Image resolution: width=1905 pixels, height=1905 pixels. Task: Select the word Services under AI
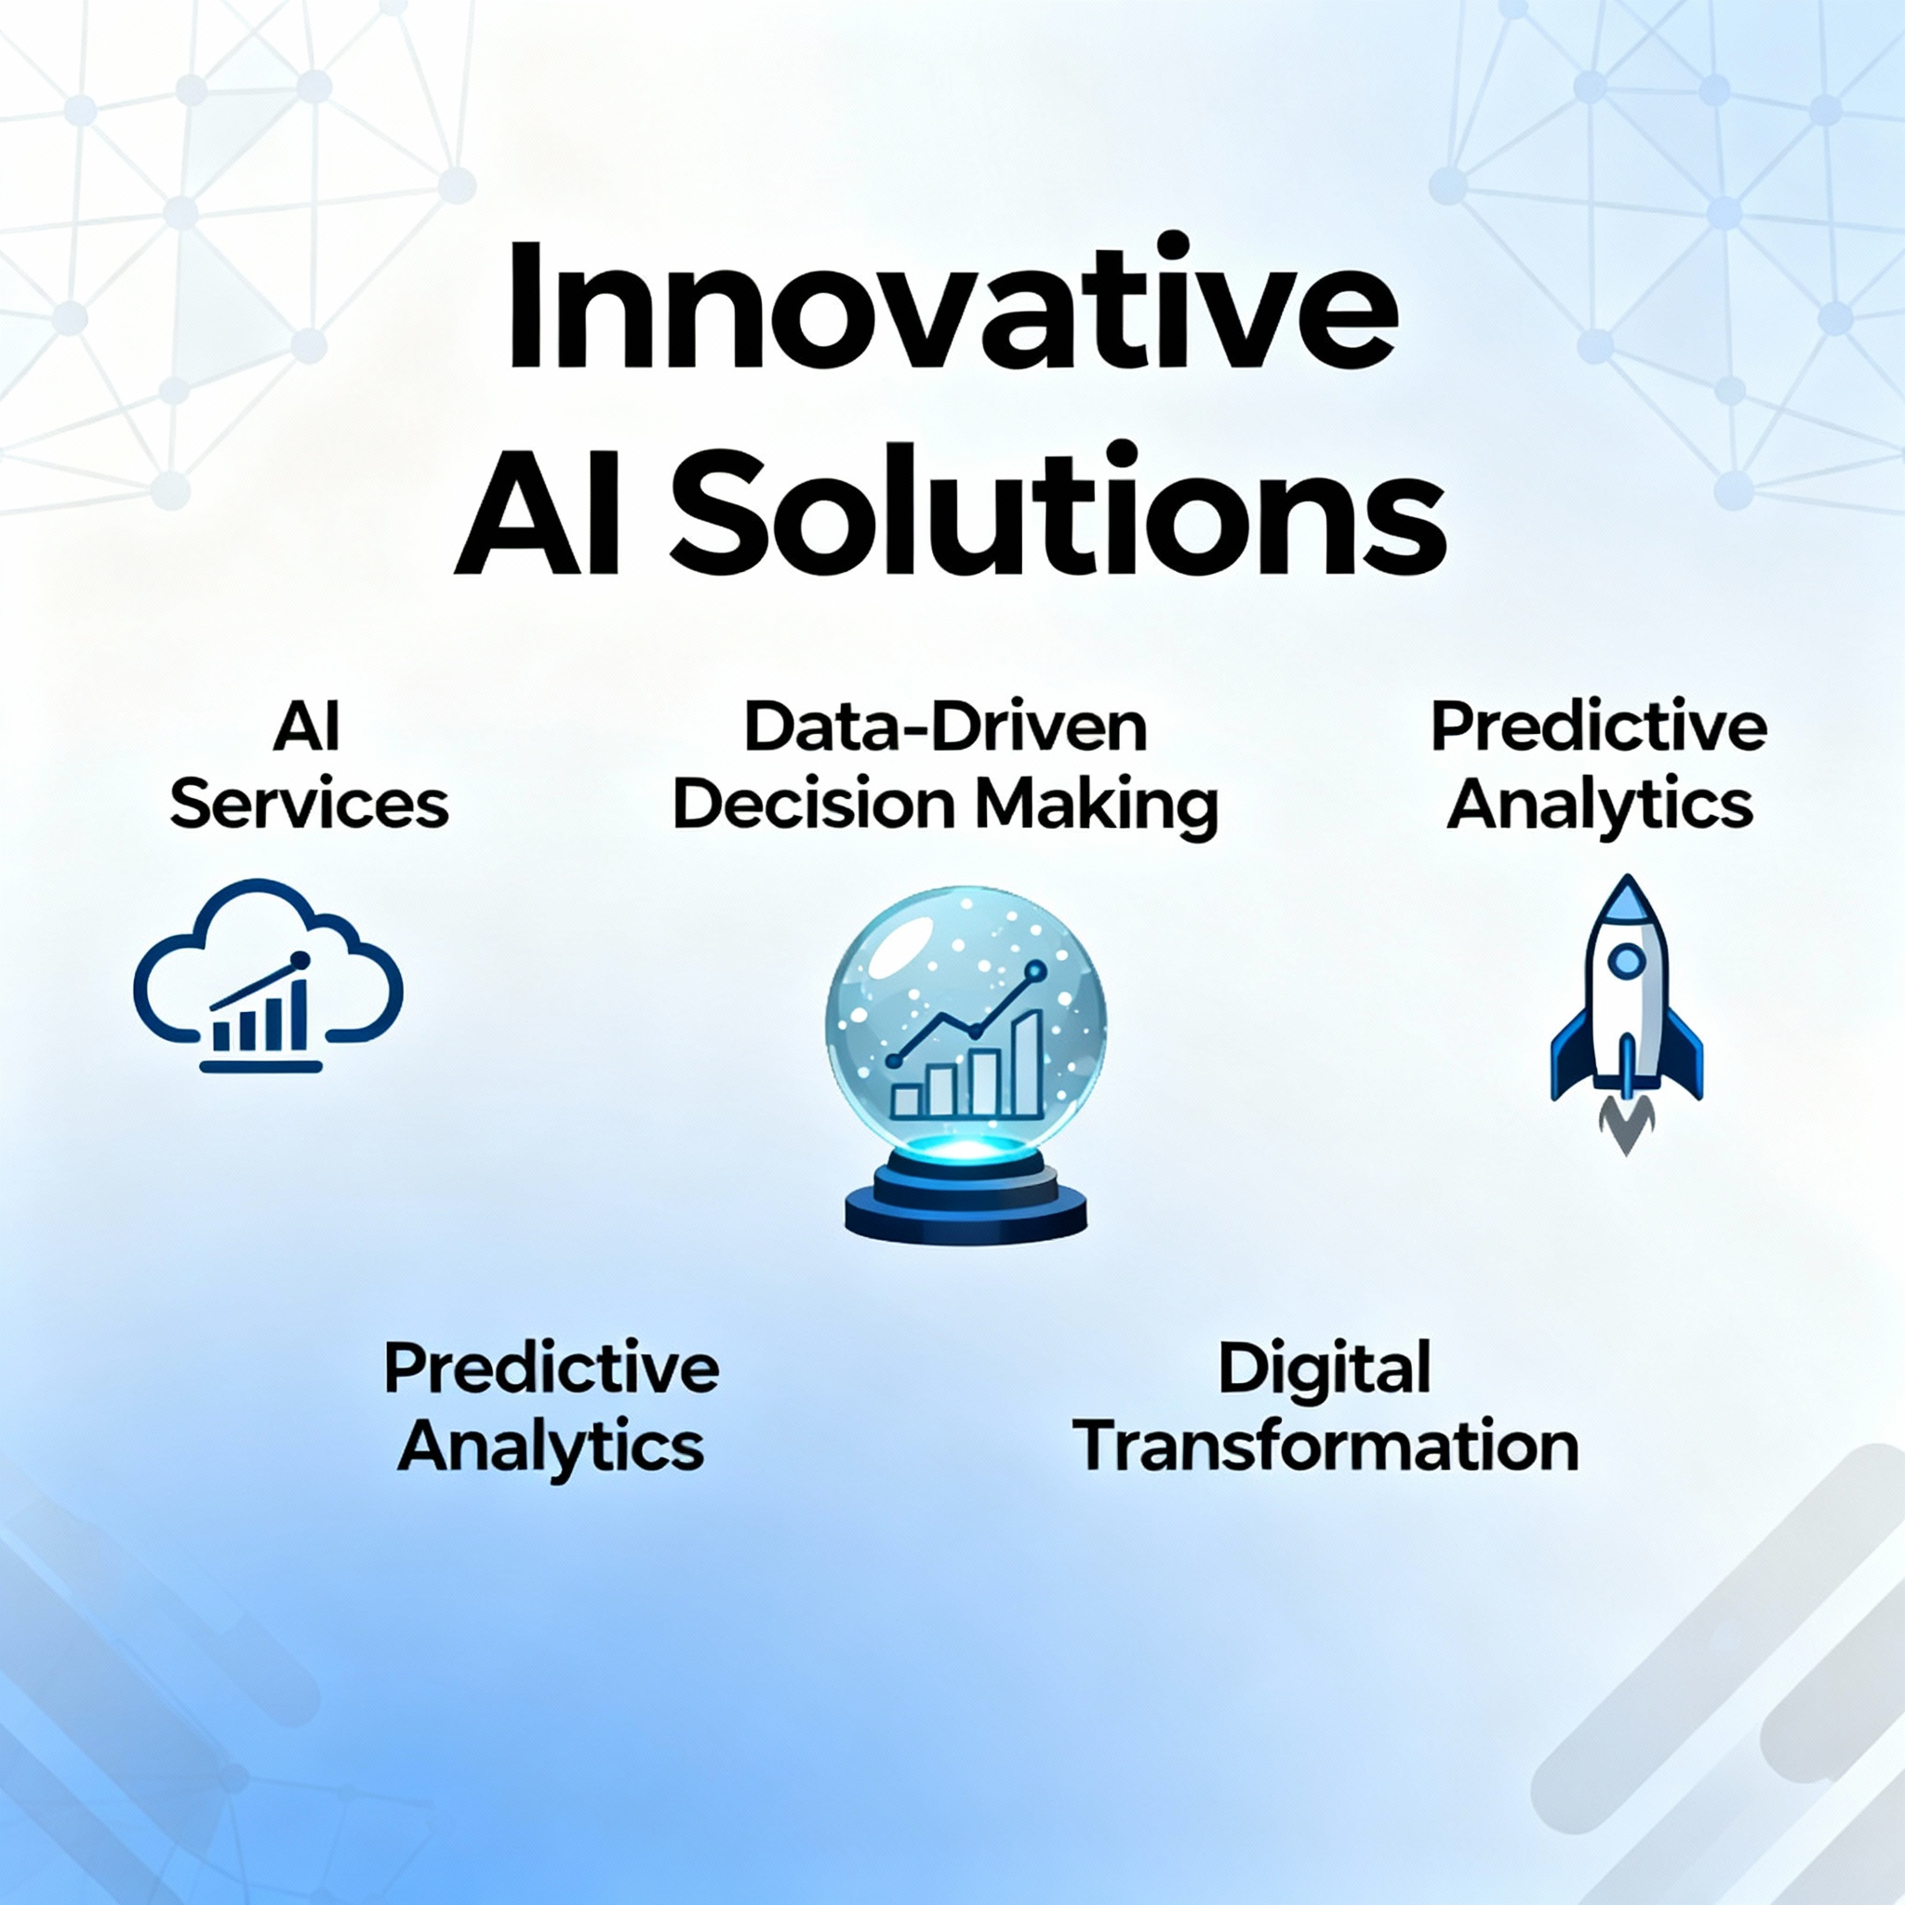[x=310, y=806]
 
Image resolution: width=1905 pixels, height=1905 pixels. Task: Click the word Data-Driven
[x=946, y=727]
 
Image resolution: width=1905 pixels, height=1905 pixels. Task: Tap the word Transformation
[x=1326, y=1446]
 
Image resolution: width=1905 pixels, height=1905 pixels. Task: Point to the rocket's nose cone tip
[x=1627, y=875]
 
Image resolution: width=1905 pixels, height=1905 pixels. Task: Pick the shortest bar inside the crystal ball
[x=907, y=1100]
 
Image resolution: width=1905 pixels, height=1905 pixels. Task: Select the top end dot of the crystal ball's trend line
[x=1035, y=971]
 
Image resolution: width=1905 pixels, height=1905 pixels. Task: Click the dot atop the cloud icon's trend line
[x=300, y=959]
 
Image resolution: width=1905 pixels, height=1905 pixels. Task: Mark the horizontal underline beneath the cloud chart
[x=261, y=1066]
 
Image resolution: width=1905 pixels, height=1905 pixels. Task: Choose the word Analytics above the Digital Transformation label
[x=1599, y=806]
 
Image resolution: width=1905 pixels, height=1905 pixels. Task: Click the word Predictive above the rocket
[x=1599, y=727]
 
